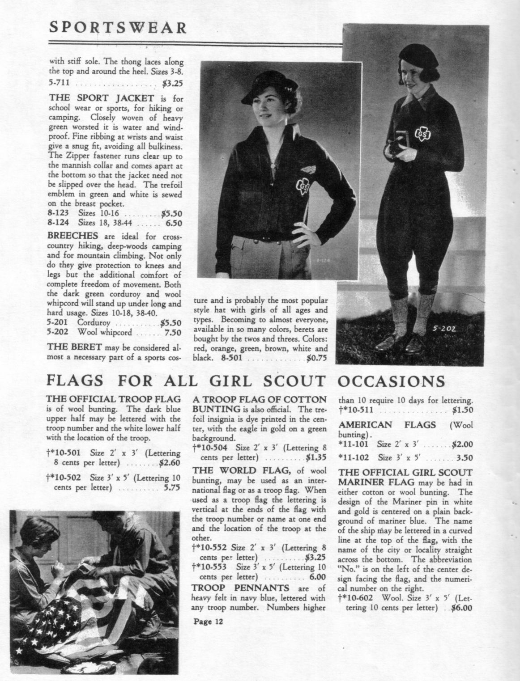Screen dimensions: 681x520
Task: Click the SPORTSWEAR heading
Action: (118, 28)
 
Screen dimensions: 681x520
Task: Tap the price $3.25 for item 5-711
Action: (172, 83)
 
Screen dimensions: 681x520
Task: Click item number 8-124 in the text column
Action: (58, 222)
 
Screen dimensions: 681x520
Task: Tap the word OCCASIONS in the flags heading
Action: (390, 381)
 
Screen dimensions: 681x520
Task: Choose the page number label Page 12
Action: (208, 621)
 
